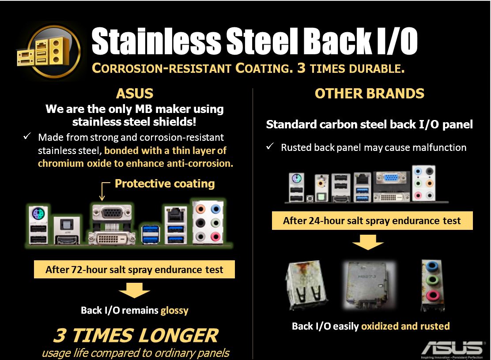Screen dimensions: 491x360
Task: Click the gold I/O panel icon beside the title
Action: coord(49,52)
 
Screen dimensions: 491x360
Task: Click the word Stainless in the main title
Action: coord(156,41)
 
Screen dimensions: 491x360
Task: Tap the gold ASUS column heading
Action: coord(135,94)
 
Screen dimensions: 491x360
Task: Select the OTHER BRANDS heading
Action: coord(370,94)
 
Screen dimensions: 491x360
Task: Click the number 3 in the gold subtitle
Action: coord(301,68)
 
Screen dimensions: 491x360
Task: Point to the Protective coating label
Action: coord(165,184)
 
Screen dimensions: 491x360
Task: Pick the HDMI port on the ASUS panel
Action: coord(67,239)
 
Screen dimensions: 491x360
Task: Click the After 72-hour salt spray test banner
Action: coord(134,269)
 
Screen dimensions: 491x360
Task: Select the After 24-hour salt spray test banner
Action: coord(372,221)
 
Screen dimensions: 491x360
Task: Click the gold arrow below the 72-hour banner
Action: coord(134,290)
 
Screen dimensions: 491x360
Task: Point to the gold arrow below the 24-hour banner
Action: coord(368,242)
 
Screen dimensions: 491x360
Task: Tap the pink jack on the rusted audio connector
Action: coord(432,294)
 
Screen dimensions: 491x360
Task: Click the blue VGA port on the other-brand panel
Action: coord(391,178)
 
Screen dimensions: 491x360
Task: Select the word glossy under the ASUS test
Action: coord(174,310)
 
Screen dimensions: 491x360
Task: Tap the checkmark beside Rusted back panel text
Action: coord(270,146)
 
